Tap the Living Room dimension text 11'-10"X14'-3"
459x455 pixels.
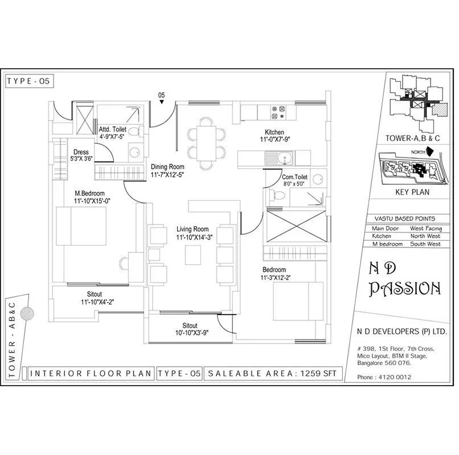click(194, 238)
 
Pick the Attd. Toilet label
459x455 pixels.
click(112, 129)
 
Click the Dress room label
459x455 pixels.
click(80, 152)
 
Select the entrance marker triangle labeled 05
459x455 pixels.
click(162, 102)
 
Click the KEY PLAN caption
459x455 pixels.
click(412, 192)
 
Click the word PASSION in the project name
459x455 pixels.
click(404, 288)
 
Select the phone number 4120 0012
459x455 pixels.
click(393, 377)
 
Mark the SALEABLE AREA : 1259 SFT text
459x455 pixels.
click(273, 374)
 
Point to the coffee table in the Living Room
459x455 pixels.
click(194, 257)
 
